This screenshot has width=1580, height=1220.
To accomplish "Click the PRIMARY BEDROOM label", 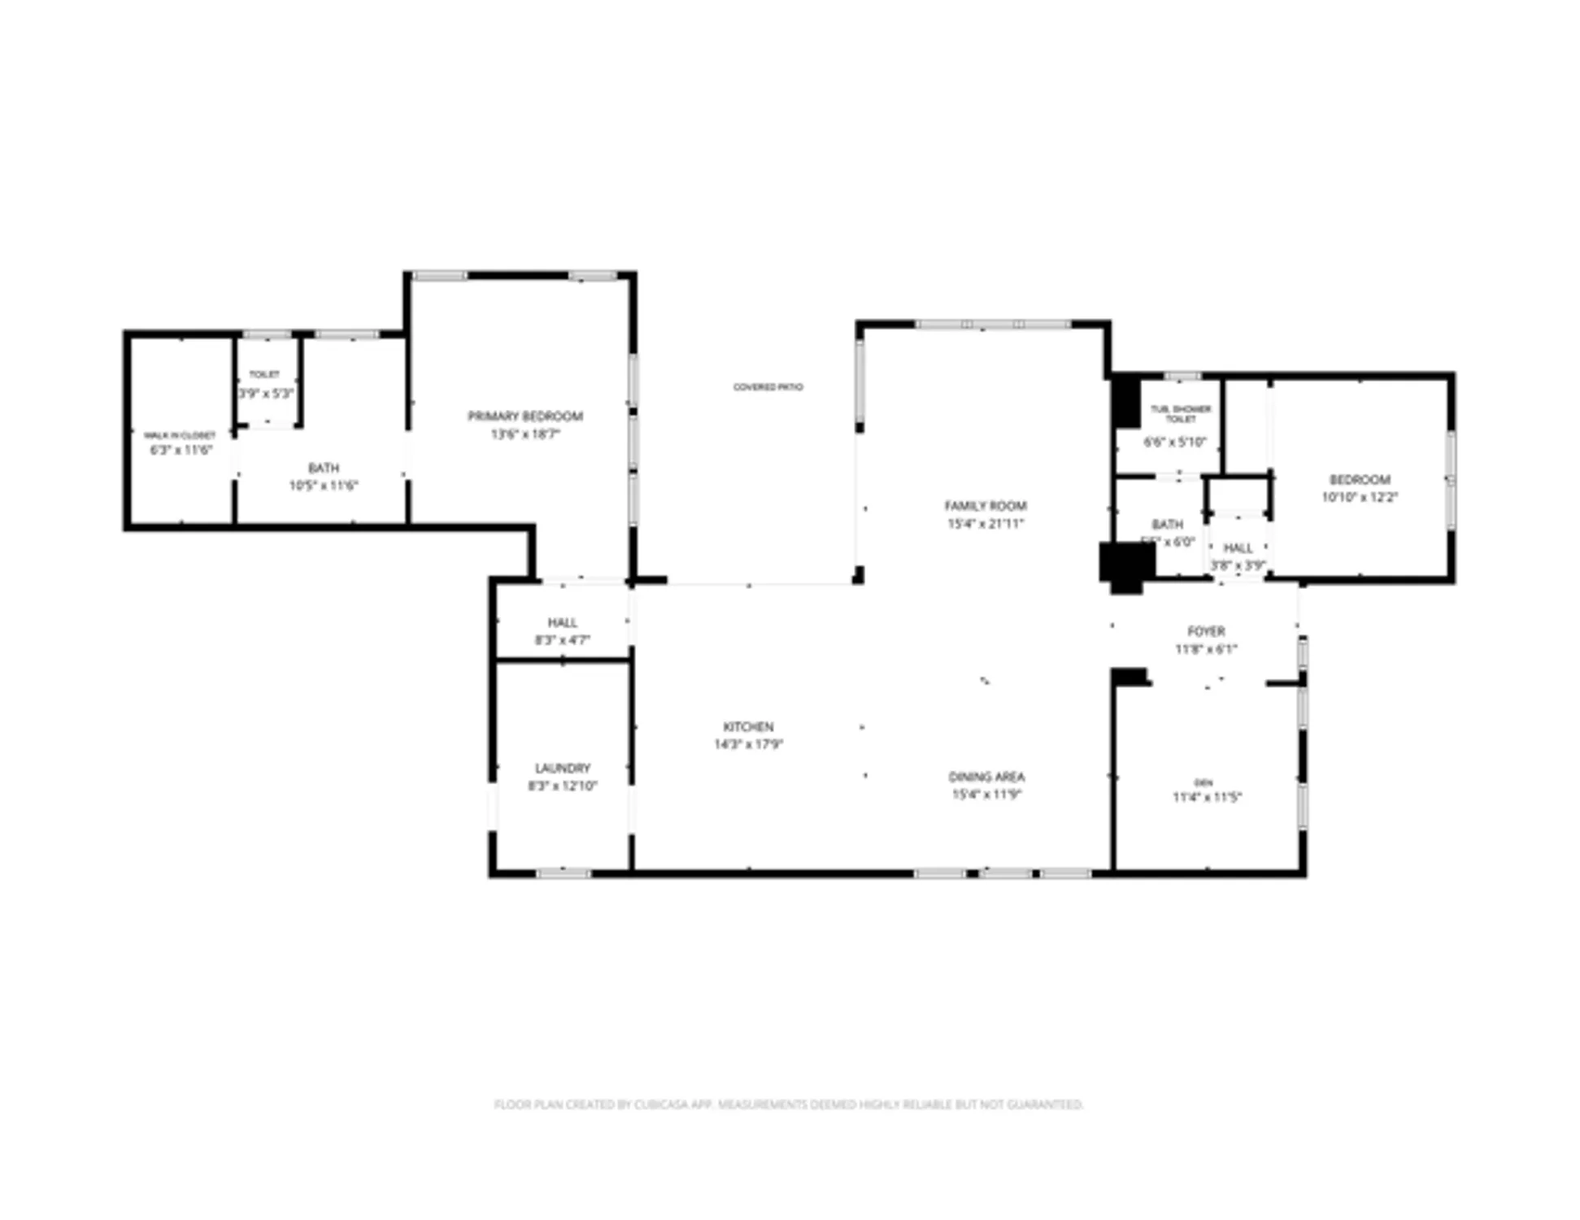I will click(x=524, y=416).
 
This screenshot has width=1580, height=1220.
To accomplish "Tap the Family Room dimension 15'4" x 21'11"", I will click(x=985, y=524).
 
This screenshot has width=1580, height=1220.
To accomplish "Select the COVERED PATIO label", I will click(x=768, y=387).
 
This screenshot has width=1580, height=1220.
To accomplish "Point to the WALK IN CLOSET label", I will click(x=180, y=435).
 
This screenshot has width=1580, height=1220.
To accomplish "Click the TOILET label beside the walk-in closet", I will click(x=264, y=375).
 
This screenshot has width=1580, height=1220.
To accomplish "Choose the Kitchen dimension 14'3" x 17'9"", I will click(x=748, y=744).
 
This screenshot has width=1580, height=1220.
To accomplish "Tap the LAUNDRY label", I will click(x=562, y=768).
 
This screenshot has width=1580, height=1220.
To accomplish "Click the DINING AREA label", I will click(x=986, y=777).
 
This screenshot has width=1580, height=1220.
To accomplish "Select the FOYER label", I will click(x=1205, y=631).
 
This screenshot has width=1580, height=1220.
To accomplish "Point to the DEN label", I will click(x=1203, y=782).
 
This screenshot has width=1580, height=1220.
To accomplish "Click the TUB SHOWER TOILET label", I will click(x=1180, y=413).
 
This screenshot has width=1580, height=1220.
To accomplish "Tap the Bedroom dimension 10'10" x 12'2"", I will click(x=1359, y=497).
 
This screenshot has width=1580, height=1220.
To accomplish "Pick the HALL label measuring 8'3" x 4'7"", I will click(x=562, y=622).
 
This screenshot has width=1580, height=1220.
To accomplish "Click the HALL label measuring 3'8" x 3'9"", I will click(x=1238, y=548).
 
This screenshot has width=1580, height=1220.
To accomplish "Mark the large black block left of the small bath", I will click(x=1126, y=565).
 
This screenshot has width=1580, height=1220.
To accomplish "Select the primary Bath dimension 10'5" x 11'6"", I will click(x=323, y=486).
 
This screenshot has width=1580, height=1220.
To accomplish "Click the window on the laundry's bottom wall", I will click(x=564, y=873).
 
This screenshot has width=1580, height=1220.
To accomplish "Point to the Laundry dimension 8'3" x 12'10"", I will click(x=562, y=786).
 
